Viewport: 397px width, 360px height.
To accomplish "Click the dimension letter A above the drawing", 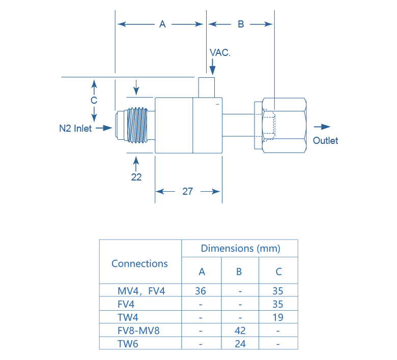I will coord(162,24).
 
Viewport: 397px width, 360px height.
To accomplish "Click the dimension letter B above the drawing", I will coord(241,24).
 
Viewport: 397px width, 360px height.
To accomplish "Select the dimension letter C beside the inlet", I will coord(94,100).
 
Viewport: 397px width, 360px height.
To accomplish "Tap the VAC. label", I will coord(220,52).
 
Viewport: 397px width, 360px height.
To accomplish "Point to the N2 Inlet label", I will coord(76,128).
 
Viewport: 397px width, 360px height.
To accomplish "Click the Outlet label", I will coord(325,140).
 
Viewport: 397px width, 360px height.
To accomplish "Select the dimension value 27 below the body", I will coord(188,192).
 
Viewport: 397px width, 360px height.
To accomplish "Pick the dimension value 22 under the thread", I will coord(136,177).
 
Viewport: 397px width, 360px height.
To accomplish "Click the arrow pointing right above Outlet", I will coord(322,127).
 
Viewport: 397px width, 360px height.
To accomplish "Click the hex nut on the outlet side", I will coord(281,126).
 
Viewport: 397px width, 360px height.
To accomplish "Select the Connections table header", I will coord(139,263).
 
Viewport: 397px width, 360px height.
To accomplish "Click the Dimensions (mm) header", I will coord(240,249).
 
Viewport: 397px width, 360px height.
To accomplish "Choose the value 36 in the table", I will coord(202,291).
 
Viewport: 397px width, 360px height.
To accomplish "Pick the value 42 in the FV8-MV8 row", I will coord(240,331).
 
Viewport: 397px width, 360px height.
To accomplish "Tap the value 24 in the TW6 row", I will coord(240,344).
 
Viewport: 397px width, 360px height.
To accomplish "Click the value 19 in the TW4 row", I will coord(278,317).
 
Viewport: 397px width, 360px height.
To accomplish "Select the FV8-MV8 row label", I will coord(138,331).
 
